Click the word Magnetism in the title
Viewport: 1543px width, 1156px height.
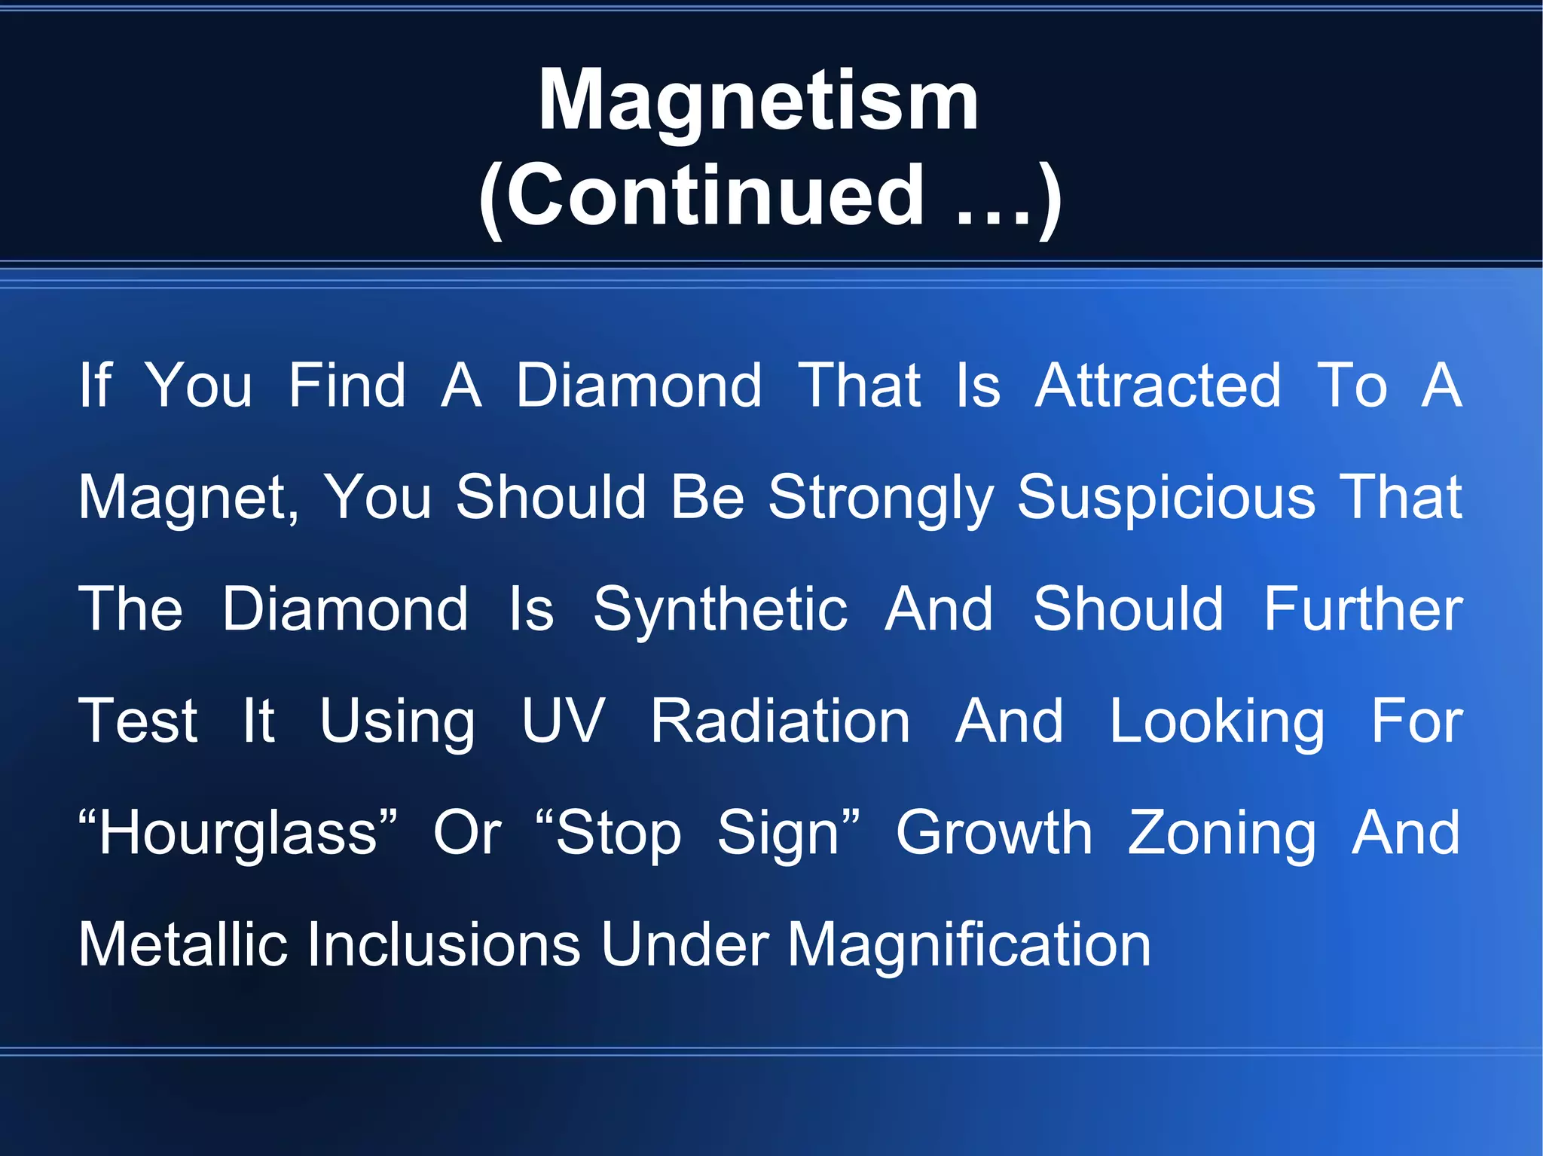pos(758,100)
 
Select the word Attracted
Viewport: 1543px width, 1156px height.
pos(1158,386)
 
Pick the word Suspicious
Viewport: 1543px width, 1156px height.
pos(1166,497)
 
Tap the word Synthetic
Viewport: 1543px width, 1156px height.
pos(720,609)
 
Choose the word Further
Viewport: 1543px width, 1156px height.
pos(1363,609)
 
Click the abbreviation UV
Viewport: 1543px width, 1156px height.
pos(564,721)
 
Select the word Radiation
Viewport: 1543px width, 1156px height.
pos(781,721)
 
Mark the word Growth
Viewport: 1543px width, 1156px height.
pos(994,833)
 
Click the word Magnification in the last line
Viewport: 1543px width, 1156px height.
pos(969,946)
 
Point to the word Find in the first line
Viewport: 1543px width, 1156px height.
pos(347,386)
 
